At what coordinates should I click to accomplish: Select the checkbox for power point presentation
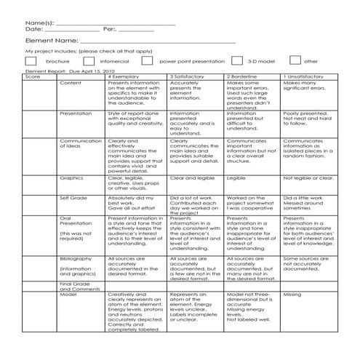[x=147, y=62]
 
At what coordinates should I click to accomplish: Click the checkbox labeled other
[x=295, y=62]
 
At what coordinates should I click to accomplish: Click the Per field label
[x=111, y=29]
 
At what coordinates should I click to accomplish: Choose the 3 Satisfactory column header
[x=188, y=76]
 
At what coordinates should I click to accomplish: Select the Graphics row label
[x=71, y=177]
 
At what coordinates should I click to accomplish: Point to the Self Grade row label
[x=73, y=197]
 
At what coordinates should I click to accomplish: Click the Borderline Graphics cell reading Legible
[x=236, y=177]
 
